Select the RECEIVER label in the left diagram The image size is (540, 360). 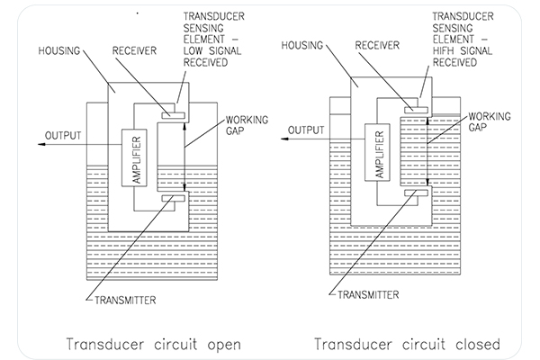[x=133, y=52]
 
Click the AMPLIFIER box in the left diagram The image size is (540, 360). [x=136, y=157]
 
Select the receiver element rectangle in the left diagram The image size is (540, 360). [x=173, y=115]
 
